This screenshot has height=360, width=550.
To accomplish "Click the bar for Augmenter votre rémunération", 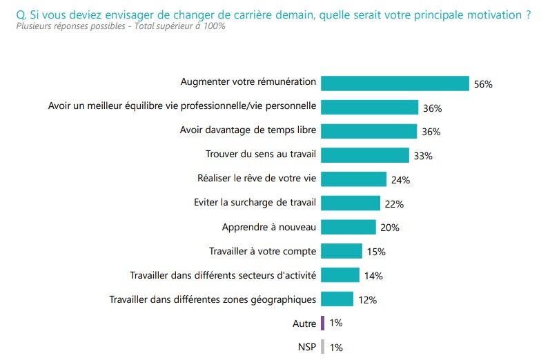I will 395,83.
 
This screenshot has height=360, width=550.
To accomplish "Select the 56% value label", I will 482,84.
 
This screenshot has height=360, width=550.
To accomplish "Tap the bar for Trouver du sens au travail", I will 365,155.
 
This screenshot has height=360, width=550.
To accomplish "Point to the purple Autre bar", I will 322,323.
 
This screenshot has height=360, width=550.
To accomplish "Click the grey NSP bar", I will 322,347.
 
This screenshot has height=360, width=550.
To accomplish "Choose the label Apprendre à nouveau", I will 269,227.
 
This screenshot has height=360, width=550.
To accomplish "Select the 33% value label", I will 423,156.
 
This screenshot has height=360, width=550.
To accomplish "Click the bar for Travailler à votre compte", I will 342,251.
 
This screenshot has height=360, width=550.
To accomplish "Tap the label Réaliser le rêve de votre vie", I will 257,179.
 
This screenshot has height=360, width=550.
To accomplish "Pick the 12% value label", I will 367,300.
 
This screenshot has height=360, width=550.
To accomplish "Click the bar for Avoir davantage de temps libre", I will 369,131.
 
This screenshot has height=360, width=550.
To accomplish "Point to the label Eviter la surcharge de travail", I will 255,203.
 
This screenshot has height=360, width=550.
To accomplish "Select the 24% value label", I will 401,180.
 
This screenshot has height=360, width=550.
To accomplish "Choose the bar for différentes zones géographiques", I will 337,299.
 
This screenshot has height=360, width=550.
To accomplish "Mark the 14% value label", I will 373,276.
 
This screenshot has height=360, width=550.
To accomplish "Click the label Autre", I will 304,323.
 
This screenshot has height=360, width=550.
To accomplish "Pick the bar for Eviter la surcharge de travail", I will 351,203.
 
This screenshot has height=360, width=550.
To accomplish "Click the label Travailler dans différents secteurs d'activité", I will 223,275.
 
